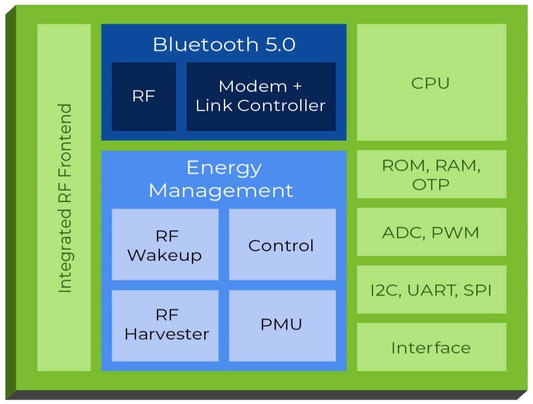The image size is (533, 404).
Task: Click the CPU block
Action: [x=431, y=83]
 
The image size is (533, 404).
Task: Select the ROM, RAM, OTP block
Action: [x=431, y=174]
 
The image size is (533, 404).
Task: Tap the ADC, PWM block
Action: [x=431, y=232]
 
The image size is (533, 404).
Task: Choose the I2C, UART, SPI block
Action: [x=431, y=290]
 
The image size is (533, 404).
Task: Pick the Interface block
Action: [x=431, y=348]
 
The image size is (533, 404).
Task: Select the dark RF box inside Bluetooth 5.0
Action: [x=143, y=96]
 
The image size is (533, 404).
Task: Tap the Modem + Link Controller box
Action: [x=261, y=96]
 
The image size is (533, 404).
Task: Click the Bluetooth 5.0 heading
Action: [x=224, y=44]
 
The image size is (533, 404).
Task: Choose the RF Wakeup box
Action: [x=165, y=245]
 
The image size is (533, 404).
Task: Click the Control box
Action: [x=281, y=245]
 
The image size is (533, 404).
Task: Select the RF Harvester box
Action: [x=166, y=325]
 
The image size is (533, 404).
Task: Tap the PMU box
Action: [x=281, y=324]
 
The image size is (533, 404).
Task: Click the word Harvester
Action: [x=167, y=334]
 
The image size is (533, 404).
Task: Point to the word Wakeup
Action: [x=165, y=255]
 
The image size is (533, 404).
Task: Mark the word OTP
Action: [x=431, y=184]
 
